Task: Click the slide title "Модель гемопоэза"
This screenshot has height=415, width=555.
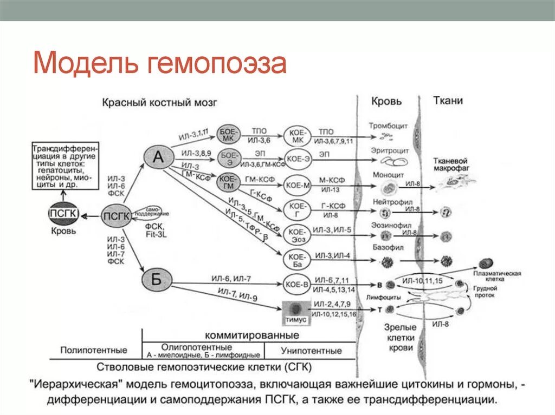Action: (159, 63)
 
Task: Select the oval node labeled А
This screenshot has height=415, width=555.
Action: (158, 157)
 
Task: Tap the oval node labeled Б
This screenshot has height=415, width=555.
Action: (156, 280)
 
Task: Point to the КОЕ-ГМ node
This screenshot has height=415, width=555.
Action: (228, 181)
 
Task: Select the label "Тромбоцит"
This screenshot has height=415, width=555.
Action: (388, 126)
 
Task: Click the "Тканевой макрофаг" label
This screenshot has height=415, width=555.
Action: (450, 165)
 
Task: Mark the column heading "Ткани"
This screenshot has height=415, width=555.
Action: (448, 101)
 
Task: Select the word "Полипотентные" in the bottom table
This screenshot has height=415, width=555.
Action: (94, 350)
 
